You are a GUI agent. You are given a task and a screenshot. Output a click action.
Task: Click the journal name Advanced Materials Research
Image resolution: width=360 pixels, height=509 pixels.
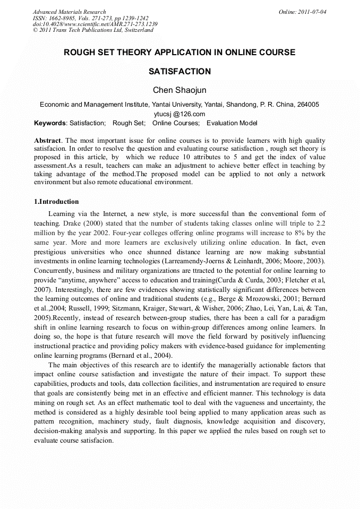(69, 12)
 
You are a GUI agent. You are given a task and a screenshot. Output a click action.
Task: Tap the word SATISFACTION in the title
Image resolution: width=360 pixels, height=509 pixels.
(179, 71)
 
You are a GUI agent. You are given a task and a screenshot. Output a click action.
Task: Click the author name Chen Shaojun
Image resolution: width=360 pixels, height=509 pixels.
(179, 90)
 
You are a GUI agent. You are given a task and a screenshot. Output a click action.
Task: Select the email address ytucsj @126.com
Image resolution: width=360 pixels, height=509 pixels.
(179, 114)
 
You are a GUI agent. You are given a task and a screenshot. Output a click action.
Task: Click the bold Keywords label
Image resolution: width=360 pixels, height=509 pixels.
(50, 123)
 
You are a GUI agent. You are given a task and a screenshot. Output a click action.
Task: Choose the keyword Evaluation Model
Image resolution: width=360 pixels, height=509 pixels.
(232, 123)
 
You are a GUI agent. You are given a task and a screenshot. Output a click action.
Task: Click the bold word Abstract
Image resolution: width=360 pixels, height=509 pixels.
(47, 140)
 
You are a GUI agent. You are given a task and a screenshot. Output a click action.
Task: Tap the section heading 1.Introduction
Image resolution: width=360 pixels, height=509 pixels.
(56, 202)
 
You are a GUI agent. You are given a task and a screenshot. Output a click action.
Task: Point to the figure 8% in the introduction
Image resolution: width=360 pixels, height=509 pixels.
(293, 233)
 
